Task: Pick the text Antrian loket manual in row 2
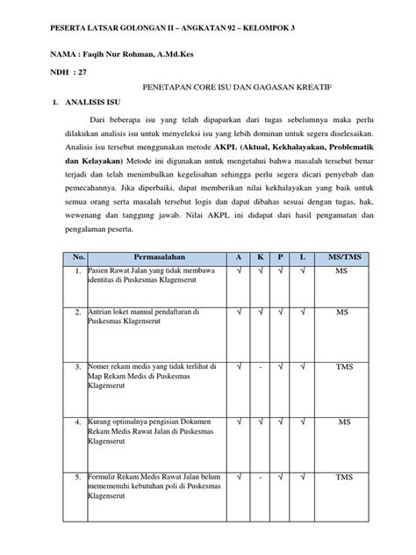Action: pyautogui.click(x=129, y=312)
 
